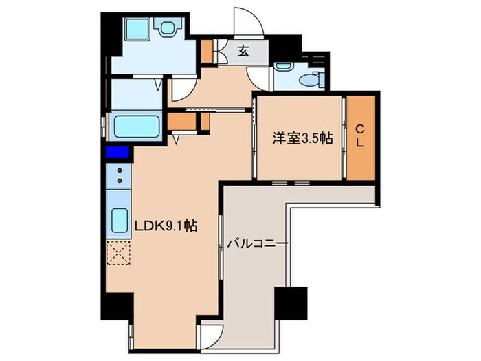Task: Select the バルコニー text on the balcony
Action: coord(257,244)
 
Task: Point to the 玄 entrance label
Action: coord(243,50)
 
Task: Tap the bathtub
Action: coord(136,127)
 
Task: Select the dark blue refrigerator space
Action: coord(117,153)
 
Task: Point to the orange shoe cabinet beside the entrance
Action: coord(207,50)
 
